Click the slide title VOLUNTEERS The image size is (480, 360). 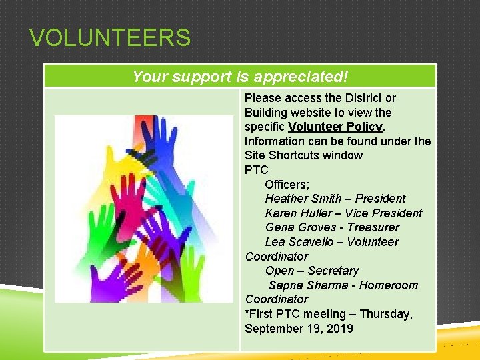point(110,38)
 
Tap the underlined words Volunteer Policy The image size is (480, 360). point(335,127)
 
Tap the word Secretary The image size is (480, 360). point(333,271)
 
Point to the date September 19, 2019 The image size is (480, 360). point(299,329)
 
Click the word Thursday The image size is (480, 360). point(387,314)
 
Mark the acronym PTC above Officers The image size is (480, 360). point(256,170)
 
